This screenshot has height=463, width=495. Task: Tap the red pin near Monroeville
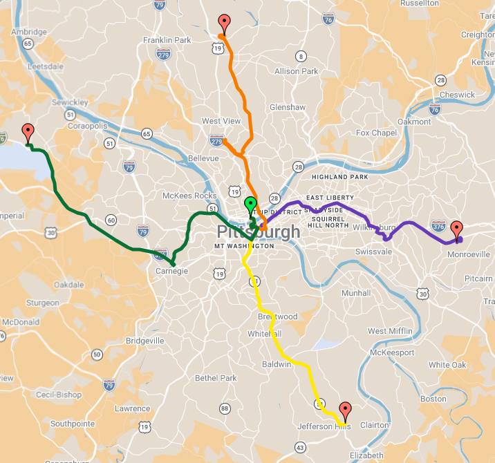[456, 229]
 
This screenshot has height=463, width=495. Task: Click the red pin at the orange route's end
[223, 22]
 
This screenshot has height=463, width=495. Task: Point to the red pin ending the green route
[28, 131]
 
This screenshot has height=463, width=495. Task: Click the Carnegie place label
[172, 272]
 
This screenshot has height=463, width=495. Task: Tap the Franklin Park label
[167, 40]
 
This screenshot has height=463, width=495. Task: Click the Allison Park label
[297, 71]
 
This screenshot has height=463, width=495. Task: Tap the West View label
[221, 121]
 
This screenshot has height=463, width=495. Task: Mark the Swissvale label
[373, 252]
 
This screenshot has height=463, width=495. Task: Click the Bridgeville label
[145, 341]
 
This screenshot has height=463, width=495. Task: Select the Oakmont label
[414, 122]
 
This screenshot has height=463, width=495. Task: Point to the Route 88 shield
[225, 409]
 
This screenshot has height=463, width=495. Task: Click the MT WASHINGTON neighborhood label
[244, 246]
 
